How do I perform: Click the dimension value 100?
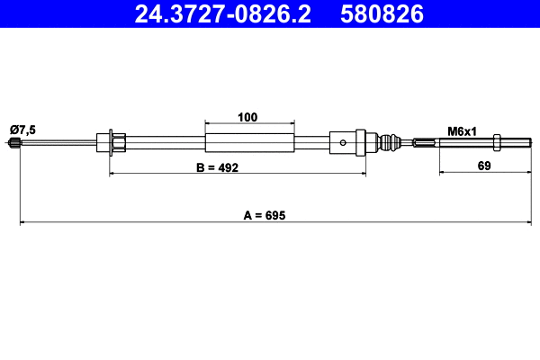click(249, 117)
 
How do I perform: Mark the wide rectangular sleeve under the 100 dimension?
click(249, 142)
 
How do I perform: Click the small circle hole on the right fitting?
click(345, 141)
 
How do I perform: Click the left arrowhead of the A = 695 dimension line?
click(22, 222)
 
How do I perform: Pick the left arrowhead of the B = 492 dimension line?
click(112, 175)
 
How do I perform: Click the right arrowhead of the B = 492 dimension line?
click(363, 175)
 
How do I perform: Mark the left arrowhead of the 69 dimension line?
click(442, 175)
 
